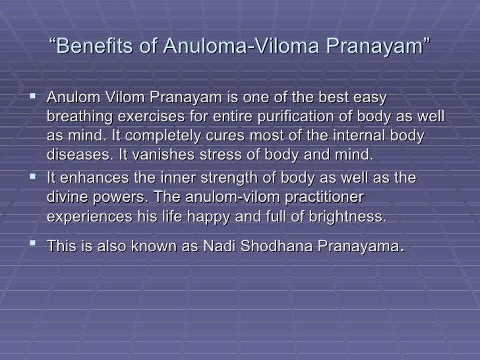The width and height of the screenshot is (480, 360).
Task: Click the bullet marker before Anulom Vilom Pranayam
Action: [x=34, y=98]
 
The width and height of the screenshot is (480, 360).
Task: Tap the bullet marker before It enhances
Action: [x=34, y=178]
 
